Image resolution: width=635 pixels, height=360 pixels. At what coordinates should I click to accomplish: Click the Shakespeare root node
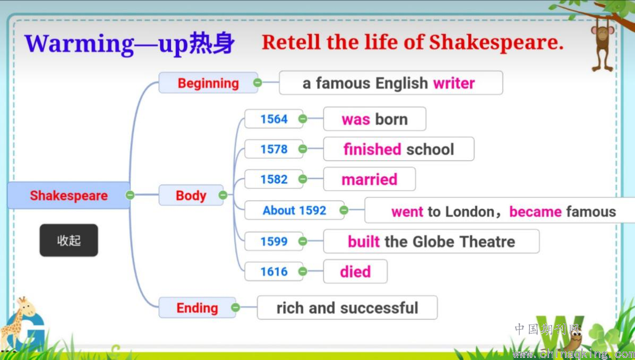pos(68,195)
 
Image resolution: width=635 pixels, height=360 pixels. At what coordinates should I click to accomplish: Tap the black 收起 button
pos(69,240)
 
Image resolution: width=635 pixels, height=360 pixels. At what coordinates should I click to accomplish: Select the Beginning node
pos(208,83)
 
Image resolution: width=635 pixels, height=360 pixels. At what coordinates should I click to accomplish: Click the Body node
pos(191,195)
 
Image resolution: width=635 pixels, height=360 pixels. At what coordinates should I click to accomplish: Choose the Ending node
pos(197,308)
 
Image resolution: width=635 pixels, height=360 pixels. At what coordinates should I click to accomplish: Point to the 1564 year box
pos(274,119)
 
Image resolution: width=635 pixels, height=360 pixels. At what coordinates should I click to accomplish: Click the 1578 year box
pos(274,149)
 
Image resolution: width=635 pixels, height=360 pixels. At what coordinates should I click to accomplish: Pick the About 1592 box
pos(295,210)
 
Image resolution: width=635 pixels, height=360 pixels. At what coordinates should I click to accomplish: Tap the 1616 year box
pos(274,271)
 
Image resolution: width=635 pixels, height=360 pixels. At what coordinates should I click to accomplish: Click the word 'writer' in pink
pos(454,83)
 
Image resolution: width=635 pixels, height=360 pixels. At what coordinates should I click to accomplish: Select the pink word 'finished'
pos(372,149)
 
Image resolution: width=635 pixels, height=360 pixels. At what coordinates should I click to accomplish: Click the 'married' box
pos(370,179)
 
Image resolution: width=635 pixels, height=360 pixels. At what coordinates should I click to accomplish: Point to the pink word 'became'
pos(535,211)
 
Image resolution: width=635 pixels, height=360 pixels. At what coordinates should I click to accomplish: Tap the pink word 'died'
pos(355,271)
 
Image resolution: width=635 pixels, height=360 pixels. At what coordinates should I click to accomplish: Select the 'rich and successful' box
pos(347,307)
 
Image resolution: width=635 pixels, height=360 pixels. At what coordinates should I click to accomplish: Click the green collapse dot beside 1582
pos(303,179)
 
